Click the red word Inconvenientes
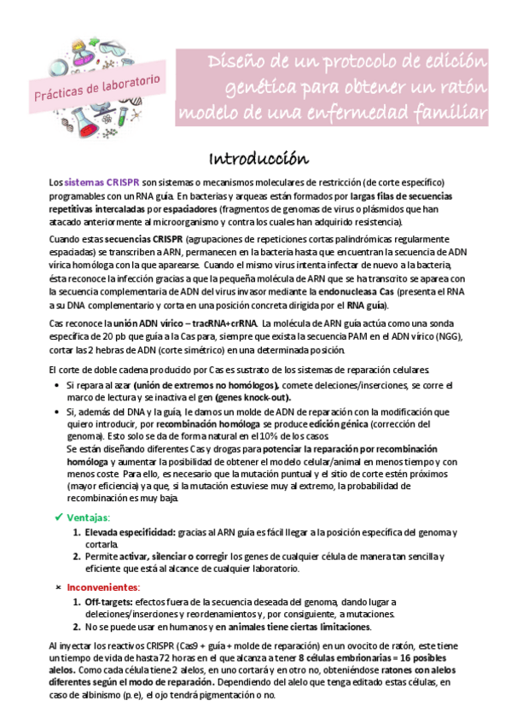click(x=103, y=587)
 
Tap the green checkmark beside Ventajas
click(x=58, y=517)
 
